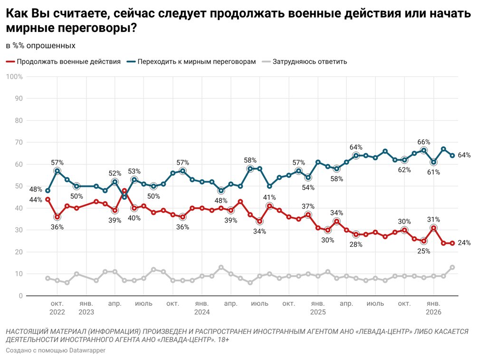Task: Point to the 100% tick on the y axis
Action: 14,77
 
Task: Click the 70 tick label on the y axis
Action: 19,143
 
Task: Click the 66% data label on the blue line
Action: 424,142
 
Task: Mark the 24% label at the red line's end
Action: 464,243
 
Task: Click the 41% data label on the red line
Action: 270,197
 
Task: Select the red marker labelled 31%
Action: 434,228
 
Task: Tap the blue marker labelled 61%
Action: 434,162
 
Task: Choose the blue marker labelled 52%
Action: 115,182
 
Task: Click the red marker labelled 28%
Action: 356,234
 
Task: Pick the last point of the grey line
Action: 453,267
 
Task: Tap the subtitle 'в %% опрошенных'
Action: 40,46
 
